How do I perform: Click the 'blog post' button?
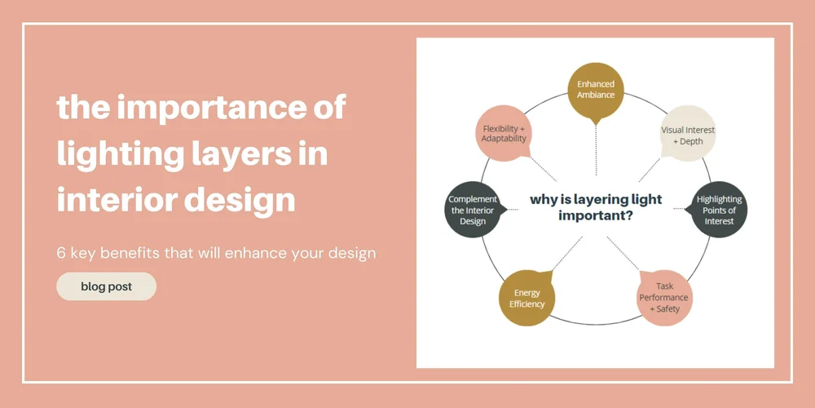point(106,286)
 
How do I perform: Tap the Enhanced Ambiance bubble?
point(596,90)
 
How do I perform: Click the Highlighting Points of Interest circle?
point(719,210)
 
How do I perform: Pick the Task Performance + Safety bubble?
point(665,297)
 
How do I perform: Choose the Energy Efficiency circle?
point(526,298)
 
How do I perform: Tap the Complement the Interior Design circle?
point(473,210)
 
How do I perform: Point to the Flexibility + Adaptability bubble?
point(504,134)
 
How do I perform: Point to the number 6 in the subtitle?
point(61,253)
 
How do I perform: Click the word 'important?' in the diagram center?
point(596,216)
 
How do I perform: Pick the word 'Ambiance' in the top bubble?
point(596,95)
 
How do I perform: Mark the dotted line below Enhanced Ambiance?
point(596,151)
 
